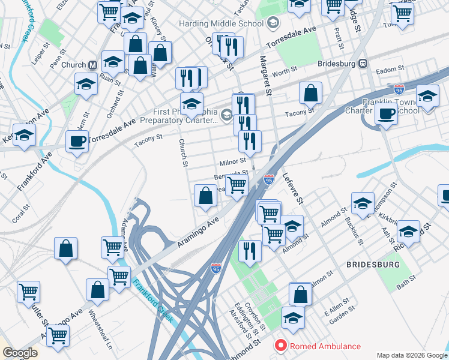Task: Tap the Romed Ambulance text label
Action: (325, 346)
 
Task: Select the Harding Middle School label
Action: (221, 23)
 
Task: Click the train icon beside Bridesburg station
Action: (363, 63)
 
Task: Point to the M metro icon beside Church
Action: (93, 65)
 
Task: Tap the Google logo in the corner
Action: (19, 353)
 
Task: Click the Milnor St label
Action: (233, 161)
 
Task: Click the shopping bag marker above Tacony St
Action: (311, 93)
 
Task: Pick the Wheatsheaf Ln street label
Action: (101, 330)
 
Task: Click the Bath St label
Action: (406, 280)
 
